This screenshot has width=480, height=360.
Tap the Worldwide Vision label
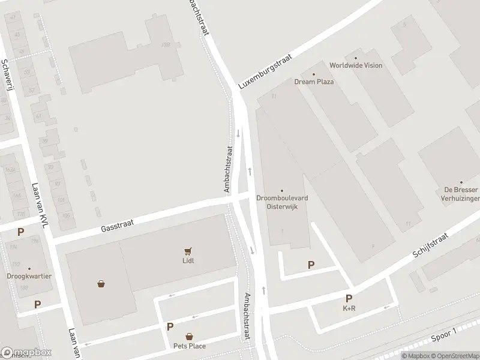[x=356, y=65]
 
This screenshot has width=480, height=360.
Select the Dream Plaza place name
[x=314, y=82]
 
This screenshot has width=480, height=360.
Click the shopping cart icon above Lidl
[x=188, y=251]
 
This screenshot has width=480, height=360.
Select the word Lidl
[x=188, y=260]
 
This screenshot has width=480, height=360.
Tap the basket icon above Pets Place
[x=190, y=337]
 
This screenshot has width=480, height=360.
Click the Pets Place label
[x=190, y=346]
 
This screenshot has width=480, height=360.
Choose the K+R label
[x=349, y=308]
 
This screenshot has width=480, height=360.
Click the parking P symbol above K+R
[x=349, y=298]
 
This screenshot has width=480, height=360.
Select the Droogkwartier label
[x=29, y=277]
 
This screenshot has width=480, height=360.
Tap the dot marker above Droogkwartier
[x=29, y=268]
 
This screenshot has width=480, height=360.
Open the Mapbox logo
[x=26, y=353]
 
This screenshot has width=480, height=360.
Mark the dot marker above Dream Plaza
[x=314, y=74]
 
